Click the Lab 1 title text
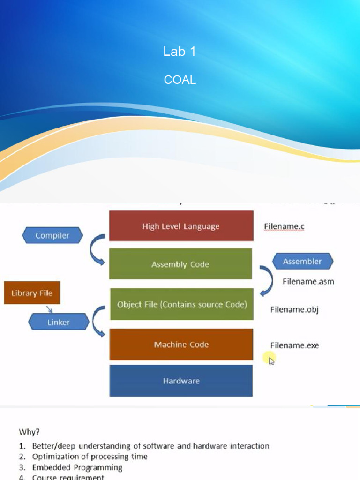180,52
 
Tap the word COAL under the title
180,80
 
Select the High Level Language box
181,226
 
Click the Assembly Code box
180,264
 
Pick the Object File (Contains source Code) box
181,305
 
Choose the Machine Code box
181,345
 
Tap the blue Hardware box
181,381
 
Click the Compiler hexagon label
52,235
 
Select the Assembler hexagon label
302,262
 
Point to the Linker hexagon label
59,322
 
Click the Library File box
32,293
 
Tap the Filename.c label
285,226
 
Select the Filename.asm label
308,282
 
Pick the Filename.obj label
294,309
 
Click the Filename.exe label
294,345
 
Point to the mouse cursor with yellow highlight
271,360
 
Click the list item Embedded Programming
77,467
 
